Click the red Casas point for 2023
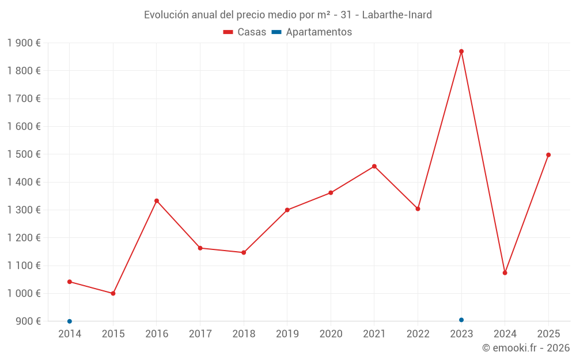point(461,51)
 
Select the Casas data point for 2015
point(113,293)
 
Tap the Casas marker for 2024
point(505,273)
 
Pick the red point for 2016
point(157,201)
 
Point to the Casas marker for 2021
point(374,166)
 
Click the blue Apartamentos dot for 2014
point(70,321)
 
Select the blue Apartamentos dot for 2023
point(461,320)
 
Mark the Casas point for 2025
point(548,155)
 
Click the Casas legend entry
point(245,32)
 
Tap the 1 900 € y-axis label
point(24,43)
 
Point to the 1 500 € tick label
point(24,154)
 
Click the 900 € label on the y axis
point(28,321)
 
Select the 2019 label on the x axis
point(287,334)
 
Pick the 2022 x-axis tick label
point(418,334)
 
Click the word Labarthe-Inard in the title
point(397,15)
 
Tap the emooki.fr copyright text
point(526,348)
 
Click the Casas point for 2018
point(244,252)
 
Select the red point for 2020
point(331,193)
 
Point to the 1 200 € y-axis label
point(24,238)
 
